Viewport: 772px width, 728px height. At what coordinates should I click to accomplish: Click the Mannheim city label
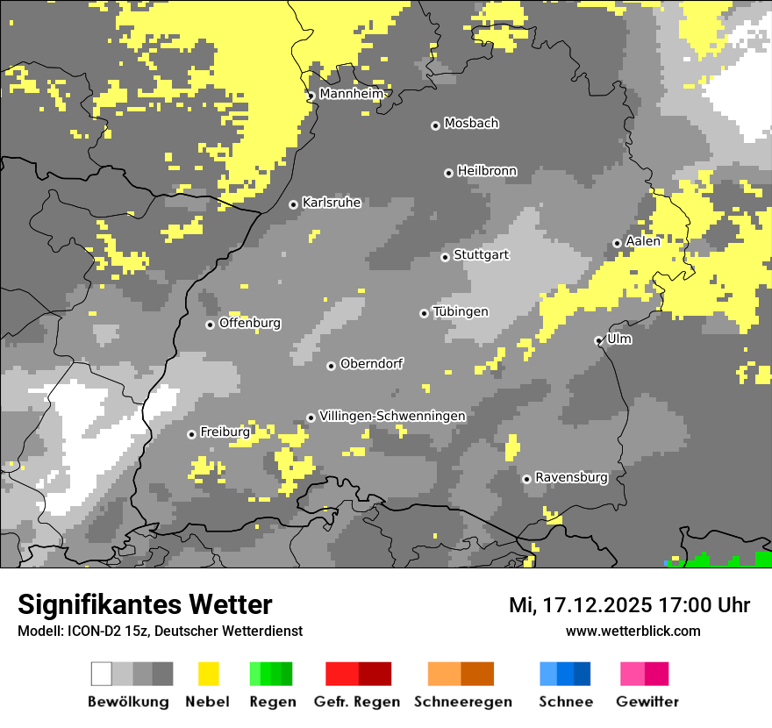352,94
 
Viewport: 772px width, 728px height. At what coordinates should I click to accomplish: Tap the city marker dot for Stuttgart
446,257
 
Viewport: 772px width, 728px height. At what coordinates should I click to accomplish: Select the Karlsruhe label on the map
332,203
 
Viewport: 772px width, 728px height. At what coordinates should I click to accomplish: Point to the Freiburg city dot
192,434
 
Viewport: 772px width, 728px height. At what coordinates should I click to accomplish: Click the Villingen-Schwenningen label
392,416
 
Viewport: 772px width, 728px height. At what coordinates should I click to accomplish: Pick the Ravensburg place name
571,477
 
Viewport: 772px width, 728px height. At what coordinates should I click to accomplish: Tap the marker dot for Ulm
599,340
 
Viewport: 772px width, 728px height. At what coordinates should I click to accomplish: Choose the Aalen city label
643,241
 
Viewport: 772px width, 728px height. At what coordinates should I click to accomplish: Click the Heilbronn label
487,171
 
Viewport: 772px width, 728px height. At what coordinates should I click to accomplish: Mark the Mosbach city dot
435,125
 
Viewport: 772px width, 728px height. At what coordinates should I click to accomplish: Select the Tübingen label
461,311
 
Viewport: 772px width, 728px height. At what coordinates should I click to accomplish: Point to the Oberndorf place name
371,364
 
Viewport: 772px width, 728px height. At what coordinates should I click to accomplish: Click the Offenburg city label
250,323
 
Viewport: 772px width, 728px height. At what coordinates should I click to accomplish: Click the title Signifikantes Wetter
145,604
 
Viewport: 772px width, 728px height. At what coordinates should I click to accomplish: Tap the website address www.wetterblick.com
633,631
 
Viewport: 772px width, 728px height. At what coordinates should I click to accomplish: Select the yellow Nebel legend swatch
208,674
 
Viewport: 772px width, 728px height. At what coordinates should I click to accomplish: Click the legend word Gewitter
647,702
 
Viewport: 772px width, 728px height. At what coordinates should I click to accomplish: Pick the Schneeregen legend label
462,702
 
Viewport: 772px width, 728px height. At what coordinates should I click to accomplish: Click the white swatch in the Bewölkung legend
102,674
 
